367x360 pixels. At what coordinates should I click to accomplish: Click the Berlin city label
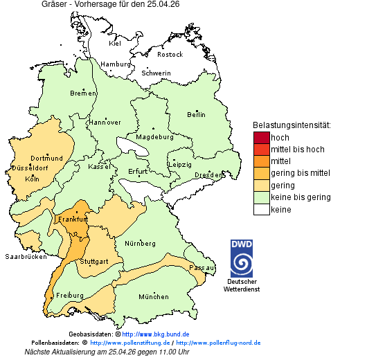tap(196, 114)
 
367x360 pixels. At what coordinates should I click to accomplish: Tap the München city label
tap(153, 297)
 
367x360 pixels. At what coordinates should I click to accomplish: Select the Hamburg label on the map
tap(116, 64)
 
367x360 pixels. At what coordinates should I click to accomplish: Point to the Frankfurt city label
tap(73, 219)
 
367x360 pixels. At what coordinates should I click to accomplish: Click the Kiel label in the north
tap(115, 44)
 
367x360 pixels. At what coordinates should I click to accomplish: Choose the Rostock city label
tap(170, 54)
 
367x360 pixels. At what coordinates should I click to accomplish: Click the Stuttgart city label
tap(93, 262)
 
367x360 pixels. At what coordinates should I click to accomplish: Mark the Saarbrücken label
tap(26, 256)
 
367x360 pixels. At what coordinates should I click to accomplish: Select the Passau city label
tap(202, 267)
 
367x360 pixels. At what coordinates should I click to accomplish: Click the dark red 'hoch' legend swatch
tap(261, 137)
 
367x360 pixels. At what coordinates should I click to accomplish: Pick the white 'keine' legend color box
tap(261, 209)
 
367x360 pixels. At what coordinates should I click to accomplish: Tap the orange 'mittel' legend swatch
tap(261, 161)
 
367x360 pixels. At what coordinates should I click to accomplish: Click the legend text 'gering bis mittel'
tap(300, 173)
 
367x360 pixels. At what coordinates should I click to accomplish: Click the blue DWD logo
tap(242, 258)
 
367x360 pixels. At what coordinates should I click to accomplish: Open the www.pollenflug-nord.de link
tap(218, 343)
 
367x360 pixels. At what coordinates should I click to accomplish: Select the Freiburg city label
tap(70, 296)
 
